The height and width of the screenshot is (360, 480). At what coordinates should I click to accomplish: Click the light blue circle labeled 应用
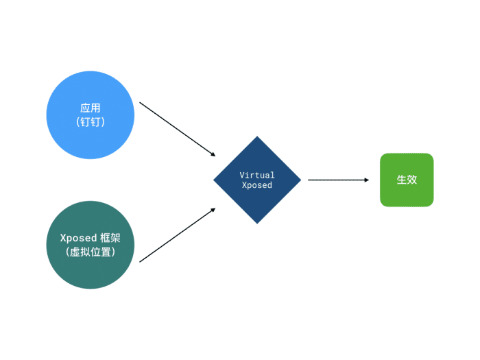pyautogui.click(x=91, y=115)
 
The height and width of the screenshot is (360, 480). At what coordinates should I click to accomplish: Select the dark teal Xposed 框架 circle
pyautogui.click(x=91, y=245)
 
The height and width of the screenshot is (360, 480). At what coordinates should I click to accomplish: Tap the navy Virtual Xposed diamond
pyautogui.click(x=257, y=180)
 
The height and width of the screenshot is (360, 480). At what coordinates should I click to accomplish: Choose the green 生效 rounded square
pyautogui.click(x=407, y=180)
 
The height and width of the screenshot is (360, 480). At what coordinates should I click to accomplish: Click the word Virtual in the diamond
pyautogui.click(x=257, y=175)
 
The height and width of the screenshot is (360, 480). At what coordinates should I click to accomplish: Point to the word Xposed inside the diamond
pyautogui.click(x=257, y=185)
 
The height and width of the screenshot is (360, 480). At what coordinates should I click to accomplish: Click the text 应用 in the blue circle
pyautogui.click(x=91, y=108)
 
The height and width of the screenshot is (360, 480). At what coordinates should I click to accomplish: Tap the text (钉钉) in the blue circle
pyautogui.click(x=91, y=122)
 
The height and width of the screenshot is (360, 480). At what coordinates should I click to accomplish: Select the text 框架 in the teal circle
pyautogui.click(x=110, y=238)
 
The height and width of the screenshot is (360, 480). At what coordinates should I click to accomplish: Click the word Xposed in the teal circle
pyautogui.click(x=78, y=238)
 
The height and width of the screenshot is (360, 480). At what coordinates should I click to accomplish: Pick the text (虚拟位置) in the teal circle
pyautogui.click(x=91, y=252)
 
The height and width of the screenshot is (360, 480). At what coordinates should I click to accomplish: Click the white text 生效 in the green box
pyautogui.click(x=407, y=180)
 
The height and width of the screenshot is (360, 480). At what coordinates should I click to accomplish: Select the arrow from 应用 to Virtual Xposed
pyautogui.click(x=178, y=129)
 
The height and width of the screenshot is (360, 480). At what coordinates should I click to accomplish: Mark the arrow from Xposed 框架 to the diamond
pyautogui.click(x=178, y=235)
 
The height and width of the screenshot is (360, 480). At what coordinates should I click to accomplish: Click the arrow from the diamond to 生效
pyautogui.click(x=338, y=180)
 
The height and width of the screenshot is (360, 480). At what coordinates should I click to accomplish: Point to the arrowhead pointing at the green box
pyautogui.click(x=367, y=180)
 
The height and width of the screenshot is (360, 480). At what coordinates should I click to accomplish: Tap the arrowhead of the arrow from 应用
pyautogui.click(x=213, y=154)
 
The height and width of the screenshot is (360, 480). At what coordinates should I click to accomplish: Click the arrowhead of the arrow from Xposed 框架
pyautogui.click(x=213, y=210)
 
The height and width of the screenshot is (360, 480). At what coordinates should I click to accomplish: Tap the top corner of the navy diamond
pyautogui.click(x=257, y=136)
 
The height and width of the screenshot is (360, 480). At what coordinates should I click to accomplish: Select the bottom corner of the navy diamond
pyautogui.click(x=257, y=224)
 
